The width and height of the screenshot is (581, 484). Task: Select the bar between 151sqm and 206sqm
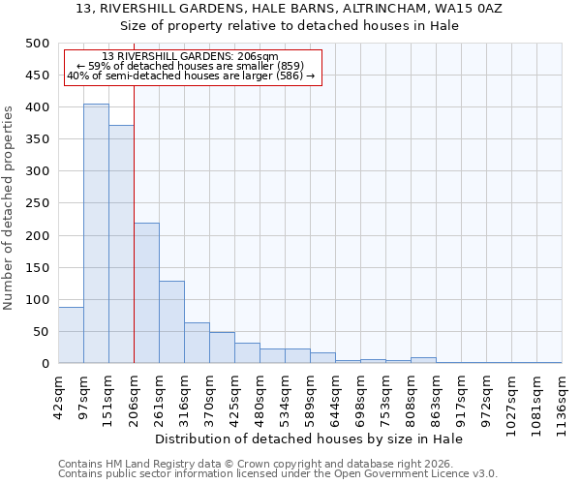click(121, 244)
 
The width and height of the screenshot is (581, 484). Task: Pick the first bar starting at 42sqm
click(71, 335)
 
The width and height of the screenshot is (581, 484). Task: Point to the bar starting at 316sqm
click(197, 343)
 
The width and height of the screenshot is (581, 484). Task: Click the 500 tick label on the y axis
click(37, 44)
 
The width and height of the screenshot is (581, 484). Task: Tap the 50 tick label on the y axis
click(41, 332)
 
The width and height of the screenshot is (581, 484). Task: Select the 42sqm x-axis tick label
click(58, 394)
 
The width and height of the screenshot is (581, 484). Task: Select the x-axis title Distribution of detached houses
click(309, 439)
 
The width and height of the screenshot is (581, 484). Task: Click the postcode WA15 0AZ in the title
click(460, 9)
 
